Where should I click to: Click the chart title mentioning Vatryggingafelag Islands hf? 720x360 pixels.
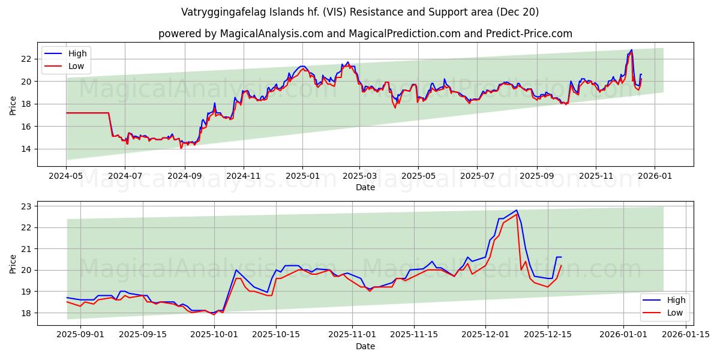pyautogui.click(x=359, y=12)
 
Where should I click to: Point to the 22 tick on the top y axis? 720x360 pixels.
pyautogui.click(x=26, y=59)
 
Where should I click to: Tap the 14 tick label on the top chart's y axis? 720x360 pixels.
pyautogui.click(x=26, y=149)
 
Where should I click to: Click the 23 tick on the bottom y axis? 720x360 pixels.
pyautogui.click(x=26, y=206)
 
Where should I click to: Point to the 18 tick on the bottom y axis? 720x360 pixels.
pyautogui.click(x=26, y=313)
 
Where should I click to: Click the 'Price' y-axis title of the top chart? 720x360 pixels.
pyautogui.click(x=13, y=106)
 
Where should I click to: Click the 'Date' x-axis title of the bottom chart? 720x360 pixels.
pyautogui.click(x=365, y=346)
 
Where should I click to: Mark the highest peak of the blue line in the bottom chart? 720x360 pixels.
pyautogui.click(x=517, y=210)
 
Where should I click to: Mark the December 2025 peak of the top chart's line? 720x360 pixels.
pyautogui.click(x=631, y=50)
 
